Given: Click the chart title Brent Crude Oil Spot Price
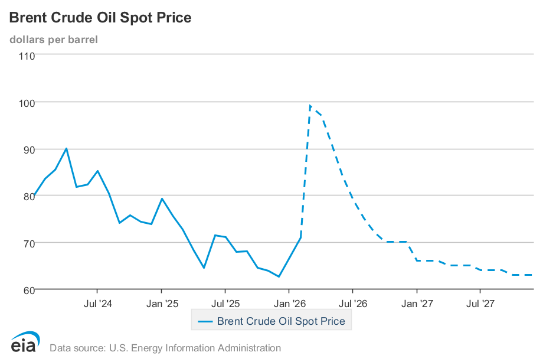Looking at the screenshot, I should click(x=100, y=18).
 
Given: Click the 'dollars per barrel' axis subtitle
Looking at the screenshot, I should click(x=54, y=40).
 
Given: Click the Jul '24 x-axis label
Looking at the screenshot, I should click(x=98, y=304).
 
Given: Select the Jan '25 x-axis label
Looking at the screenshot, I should click(x=162, y=304).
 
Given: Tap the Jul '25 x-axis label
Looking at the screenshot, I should click(x=225, y=304).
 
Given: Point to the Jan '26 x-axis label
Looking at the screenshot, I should click(x=290, y=304).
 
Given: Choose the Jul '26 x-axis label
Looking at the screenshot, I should click(x=353, y=304).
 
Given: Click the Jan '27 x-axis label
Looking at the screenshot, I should click(x=417, y=304).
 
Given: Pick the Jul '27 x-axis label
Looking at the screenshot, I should click(x=480, y=304).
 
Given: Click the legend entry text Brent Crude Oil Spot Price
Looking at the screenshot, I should click(x=281, y=322).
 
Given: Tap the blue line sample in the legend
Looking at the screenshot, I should click(x=205, y=322).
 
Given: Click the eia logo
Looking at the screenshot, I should click(x=25, y=343).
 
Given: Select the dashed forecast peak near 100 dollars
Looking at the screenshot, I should click(x=310, y=106).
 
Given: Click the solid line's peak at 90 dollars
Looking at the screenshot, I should click(x=66, y=148).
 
